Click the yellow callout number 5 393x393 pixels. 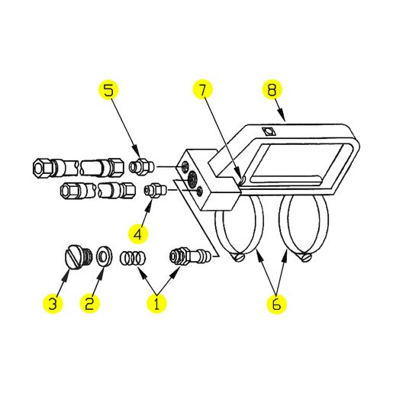click(x=108, y=90)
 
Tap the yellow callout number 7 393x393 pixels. click(x=203, y=89)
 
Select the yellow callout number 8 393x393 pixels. click(x=272, y=89)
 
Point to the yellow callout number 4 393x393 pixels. click(x=137, y=234)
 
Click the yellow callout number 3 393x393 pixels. click(x=53, y=303)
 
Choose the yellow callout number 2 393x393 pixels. click(x=89, y=303)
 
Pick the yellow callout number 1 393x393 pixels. click(x=156, y=303)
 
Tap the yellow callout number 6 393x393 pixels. click(x=276, y=304)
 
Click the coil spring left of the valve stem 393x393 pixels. click(x=132, y=257)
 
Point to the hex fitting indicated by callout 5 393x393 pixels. click(x=141, y=166)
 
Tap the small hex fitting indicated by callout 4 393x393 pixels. click(x=155, y=190)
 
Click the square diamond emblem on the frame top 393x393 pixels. click(x=268, y=132)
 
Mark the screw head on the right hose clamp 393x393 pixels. click(x=305, y=257)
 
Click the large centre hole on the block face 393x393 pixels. click(x=192, y=179)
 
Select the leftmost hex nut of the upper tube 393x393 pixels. click(x=42, y=168)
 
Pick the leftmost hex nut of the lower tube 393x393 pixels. click(x=68, y=191)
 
